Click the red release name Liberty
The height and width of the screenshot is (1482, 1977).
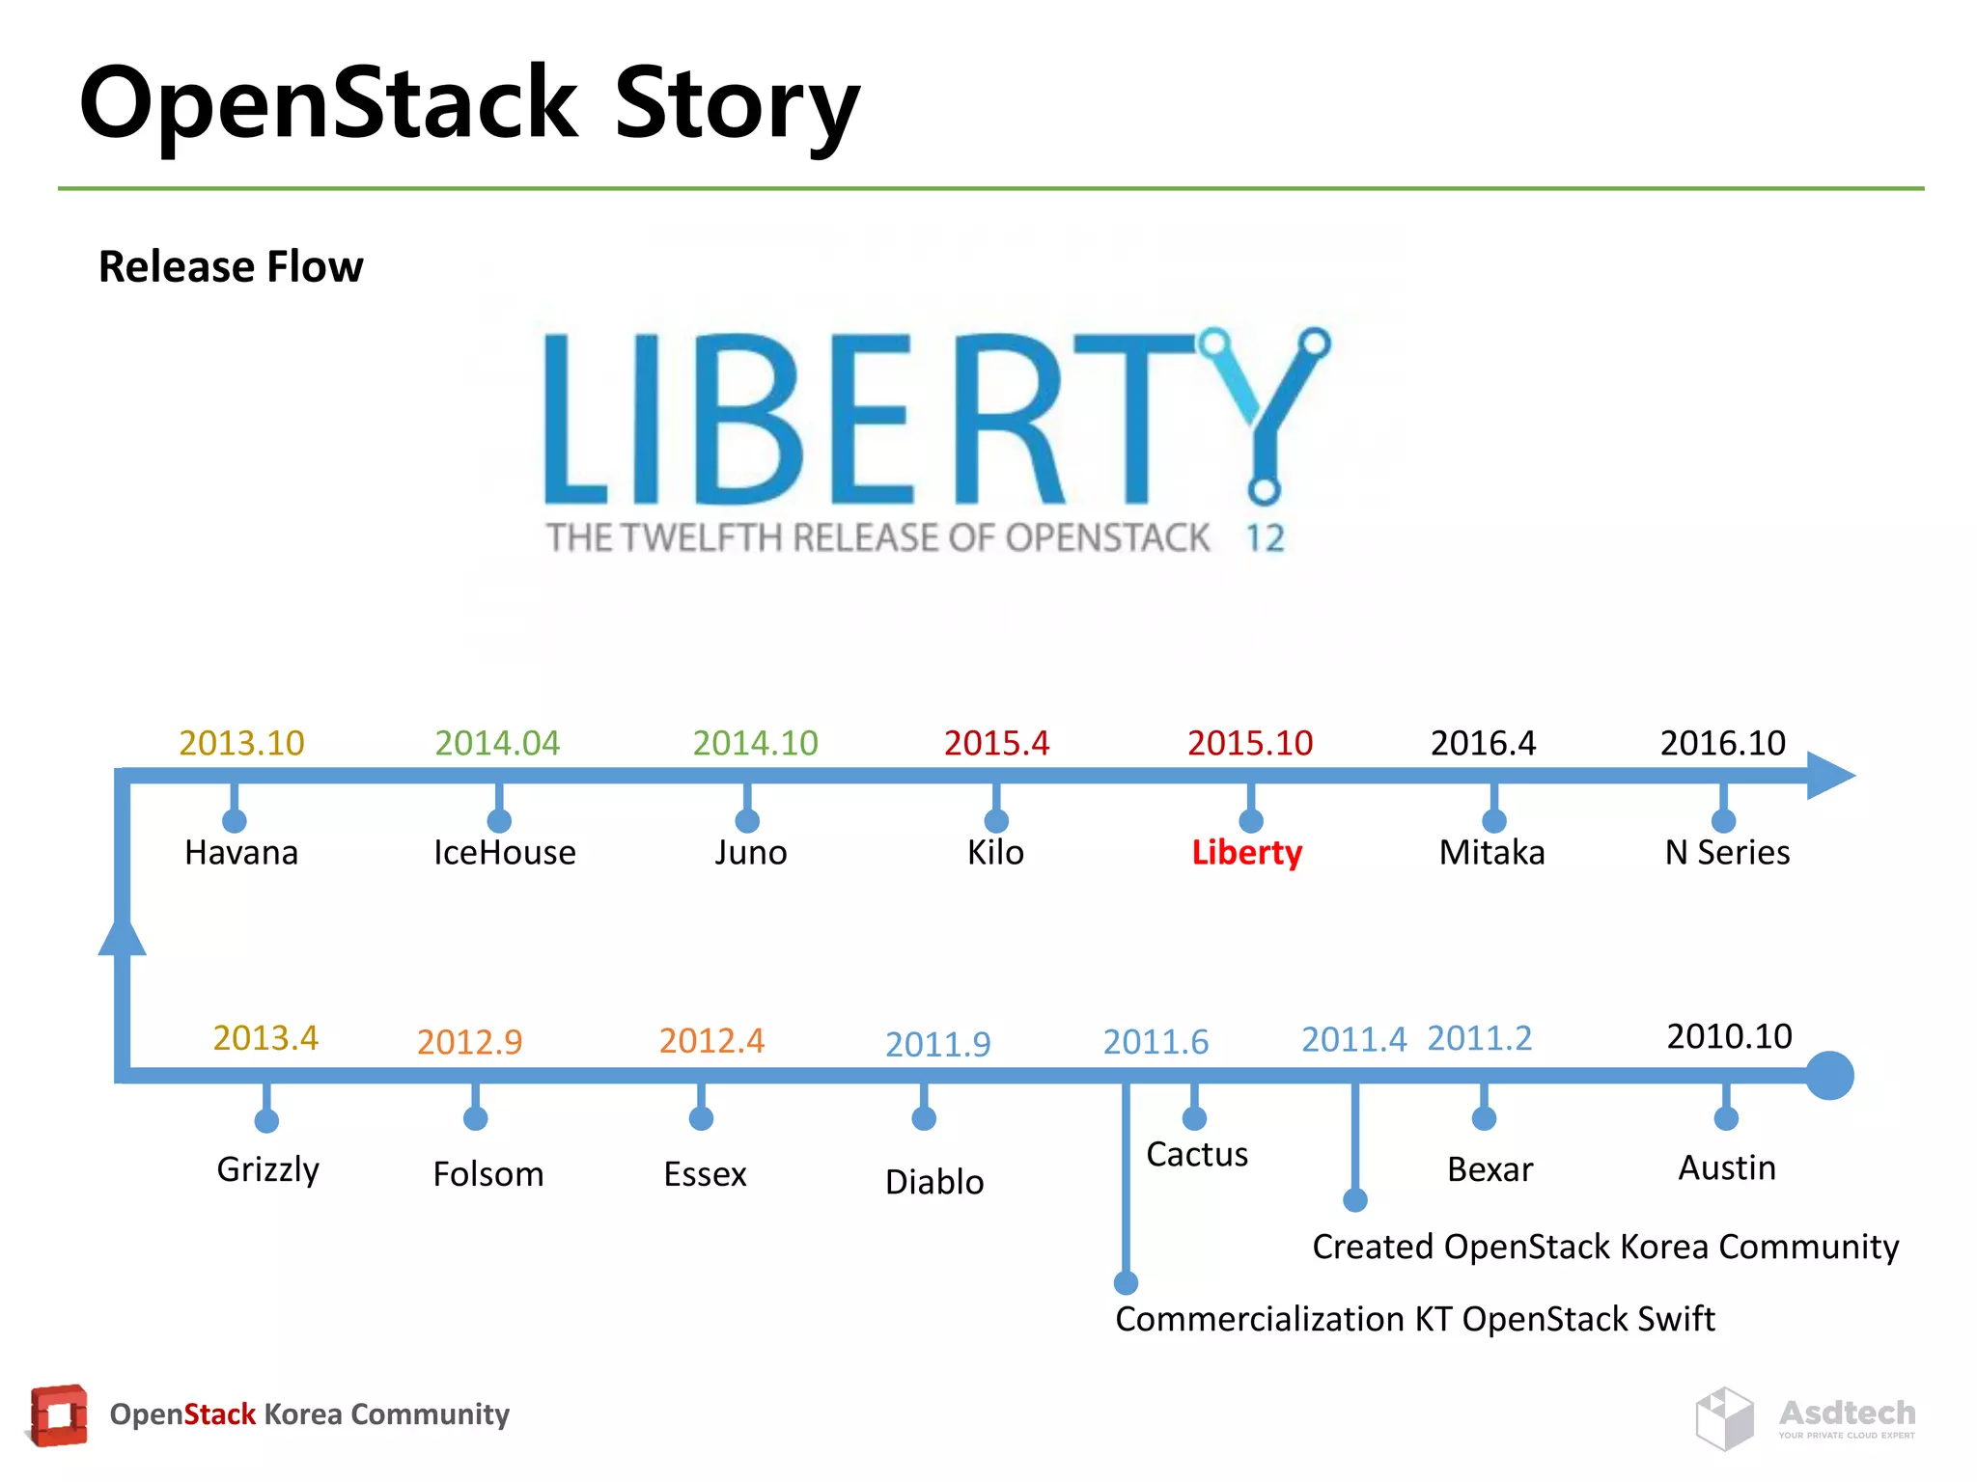(1246, 853)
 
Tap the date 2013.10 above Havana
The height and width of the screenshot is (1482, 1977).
(241, 743)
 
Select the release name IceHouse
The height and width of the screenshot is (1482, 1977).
(504, 853)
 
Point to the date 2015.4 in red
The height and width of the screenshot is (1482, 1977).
(996, 743)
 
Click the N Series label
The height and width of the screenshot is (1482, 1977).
(1727, 853)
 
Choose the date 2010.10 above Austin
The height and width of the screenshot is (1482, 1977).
(1729, 1036)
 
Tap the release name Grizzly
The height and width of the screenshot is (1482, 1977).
(267, 1169)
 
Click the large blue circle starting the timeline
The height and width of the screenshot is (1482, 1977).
(1829, 1075)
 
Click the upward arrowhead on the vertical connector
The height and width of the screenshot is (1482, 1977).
(123, 936)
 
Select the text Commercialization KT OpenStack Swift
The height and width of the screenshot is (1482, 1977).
(1414, 1319)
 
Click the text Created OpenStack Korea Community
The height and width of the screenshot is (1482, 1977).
(1604, 1247)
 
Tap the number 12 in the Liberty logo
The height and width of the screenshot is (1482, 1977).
(1265, 538)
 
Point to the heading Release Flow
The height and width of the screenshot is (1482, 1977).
(231, 266)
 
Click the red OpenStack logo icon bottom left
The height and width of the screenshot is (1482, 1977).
(58, 1415)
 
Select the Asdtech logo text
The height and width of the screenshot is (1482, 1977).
(1847, 1413)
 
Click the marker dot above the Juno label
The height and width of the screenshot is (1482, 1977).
(747, 821)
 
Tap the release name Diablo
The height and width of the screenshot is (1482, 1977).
(934, 1182)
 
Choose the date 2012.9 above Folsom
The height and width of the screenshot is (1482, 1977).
(469, 1042)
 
